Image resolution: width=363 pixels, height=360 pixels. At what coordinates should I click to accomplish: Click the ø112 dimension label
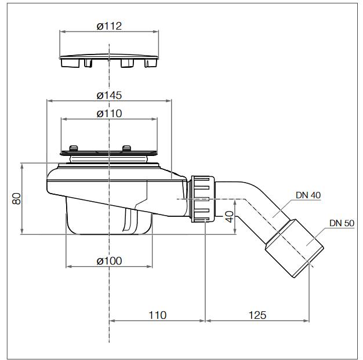coord(109,26)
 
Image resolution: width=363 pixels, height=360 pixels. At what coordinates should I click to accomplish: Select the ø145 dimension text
coord(109,96)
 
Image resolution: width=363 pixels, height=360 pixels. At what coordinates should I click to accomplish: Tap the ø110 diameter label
coord(109,114)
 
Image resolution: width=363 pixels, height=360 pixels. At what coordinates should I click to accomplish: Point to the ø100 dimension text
coord(109,261)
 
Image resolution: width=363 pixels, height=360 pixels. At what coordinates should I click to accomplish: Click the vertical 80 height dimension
coord(16,199)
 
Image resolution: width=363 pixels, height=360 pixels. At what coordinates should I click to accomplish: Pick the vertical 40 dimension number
coord(230,217)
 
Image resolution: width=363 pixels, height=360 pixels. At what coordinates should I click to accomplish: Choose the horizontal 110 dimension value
coord(157,315)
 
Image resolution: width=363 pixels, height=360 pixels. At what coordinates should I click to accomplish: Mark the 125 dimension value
coord(257,315)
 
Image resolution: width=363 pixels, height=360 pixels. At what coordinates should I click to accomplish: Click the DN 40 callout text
coord(308,195)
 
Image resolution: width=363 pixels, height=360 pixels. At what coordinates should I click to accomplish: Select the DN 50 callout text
coord(342,223)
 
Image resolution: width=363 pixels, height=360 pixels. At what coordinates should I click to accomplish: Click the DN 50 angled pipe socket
coord(294,248)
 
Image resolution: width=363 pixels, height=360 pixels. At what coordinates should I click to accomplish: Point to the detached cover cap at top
coord(109,61)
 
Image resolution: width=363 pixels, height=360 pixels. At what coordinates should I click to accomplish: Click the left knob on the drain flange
coord(74,148)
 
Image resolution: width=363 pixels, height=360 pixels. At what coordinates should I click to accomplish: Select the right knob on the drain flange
coord(126,148)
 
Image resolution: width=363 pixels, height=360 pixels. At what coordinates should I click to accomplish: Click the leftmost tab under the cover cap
coord(70,63)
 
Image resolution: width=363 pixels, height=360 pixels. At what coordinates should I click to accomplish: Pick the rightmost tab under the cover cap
coord(151,63)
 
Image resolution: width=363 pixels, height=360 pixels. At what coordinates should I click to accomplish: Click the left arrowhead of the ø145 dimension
coord(49,101)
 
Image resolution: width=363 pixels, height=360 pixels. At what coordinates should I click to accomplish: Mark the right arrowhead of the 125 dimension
coord(306,321)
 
